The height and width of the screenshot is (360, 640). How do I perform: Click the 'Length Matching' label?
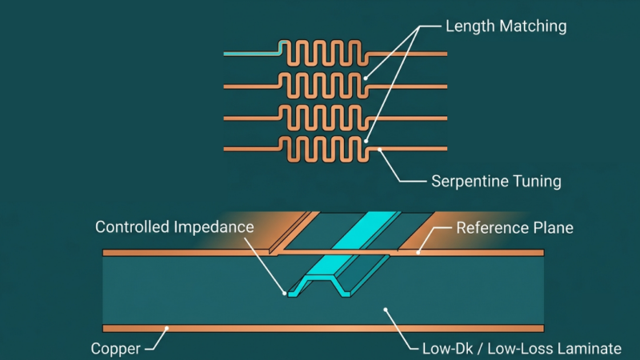506,26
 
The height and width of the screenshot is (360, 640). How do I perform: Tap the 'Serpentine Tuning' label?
496,182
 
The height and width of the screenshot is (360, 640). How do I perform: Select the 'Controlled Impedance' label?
174,227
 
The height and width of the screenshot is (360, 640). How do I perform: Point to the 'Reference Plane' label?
514,228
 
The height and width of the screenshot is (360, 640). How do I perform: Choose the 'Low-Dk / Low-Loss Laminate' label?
522,349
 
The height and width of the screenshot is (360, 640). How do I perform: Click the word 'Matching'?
533,26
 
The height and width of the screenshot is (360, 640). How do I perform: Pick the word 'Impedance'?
214,227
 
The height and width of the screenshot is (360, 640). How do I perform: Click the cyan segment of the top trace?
253,54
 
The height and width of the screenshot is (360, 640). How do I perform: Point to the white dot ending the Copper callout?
166,328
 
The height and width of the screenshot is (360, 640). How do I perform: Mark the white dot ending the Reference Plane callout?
418,253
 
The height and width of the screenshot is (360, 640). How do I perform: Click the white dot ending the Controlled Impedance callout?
285,293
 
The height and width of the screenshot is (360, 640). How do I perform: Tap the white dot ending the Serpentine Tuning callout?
379,150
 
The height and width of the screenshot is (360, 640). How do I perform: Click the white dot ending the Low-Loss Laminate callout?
386,310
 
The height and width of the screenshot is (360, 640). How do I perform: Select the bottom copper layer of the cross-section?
323,328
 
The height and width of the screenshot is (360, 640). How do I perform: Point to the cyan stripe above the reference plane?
364,230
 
